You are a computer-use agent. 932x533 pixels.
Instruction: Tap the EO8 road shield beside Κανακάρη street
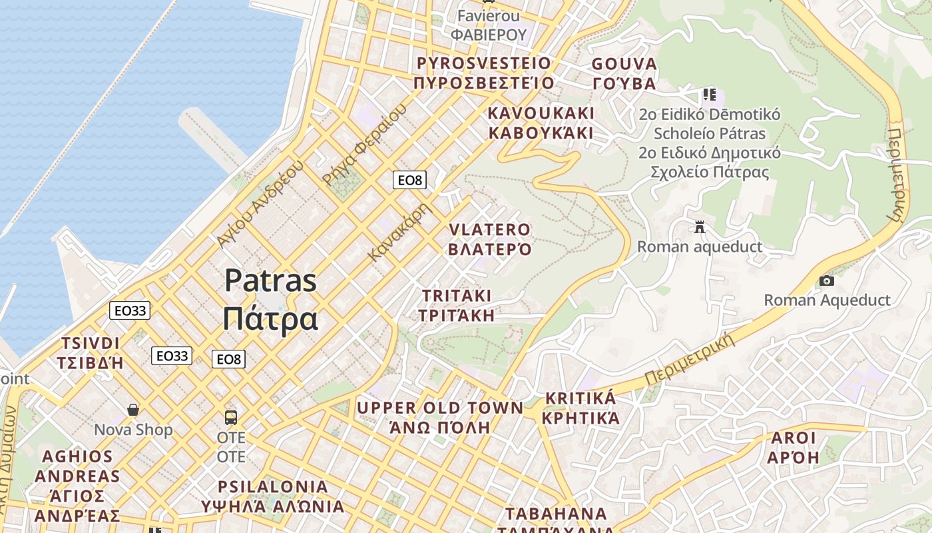coord(409,180)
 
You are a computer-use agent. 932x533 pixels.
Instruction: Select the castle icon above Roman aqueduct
coord(699,227)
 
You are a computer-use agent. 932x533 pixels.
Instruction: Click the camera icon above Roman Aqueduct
coord(826,281)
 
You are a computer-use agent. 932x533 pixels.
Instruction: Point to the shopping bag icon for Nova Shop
coord(133,409)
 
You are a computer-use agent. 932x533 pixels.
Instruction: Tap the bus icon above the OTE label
coord(231,418)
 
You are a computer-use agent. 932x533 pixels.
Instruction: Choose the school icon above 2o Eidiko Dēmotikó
coord(709,95)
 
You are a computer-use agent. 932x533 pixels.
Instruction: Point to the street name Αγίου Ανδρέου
coord(260,204)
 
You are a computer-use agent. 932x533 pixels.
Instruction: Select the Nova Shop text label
coord(133,430)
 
